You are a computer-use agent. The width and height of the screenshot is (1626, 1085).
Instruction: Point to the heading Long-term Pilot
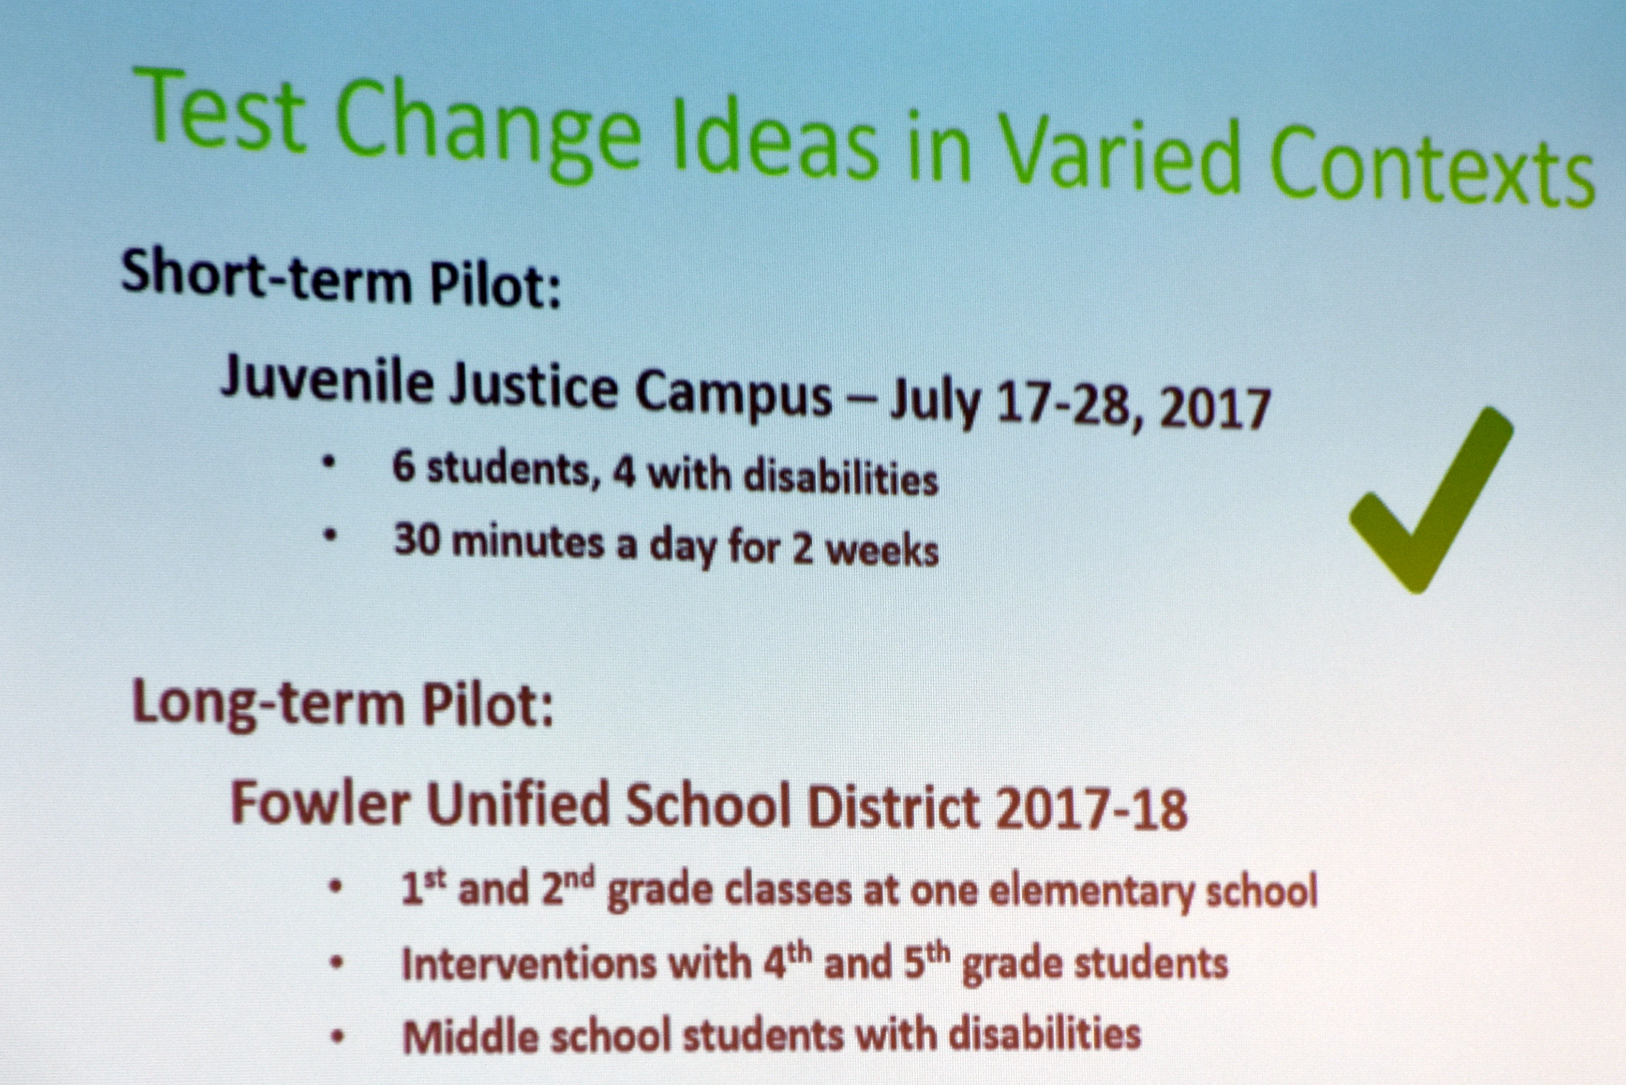(x=343, y=702)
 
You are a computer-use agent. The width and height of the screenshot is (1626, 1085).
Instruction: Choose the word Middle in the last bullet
(x=470, y=1036)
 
